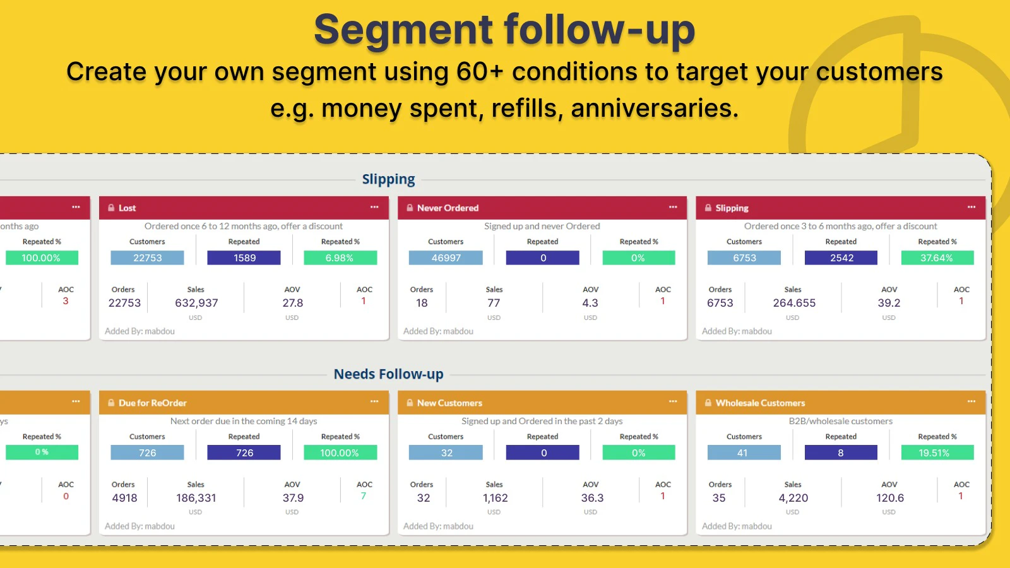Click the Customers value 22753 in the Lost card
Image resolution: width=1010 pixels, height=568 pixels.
[x=147, y=257]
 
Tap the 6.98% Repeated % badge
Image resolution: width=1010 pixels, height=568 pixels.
[x=340, y=257]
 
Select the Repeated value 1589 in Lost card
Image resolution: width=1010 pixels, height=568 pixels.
[x=244, y=257]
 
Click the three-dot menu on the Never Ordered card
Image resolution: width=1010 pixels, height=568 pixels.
[x=673, y=207]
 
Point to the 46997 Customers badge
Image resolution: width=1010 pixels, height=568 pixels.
[x=446, y=257]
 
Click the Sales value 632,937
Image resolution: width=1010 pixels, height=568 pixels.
[x=196, y=303]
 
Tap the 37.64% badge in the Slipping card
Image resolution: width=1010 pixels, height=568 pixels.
[x=937, y=257]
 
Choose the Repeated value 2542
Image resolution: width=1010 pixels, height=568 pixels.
[x=841, y=257]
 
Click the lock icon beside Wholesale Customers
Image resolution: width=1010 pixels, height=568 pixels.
[x=708, y=403]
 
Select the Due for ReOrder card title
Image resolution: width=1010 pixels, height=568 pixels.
[x=153, y=403]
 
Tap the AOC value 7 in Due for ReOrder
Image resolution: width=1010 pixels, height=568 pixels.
[x=364, y=496]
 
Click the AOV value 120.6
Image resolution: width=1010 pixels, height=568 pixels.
[x=889, y=498]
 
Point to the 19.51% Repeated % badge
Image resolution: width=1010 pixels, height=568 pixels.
[x=937, y=453]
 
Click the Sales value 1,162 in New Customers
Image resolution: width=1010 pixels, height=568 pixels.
[x=495, y=498]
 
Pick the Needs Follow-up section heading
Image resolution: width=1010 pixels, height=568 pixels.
[x=388, y=374]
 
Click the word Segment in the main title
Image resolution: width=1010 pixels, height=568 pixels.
[x=402, y=30]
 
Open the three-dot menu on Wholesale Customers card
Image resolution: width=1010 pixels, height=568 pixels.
[x=971, y=401]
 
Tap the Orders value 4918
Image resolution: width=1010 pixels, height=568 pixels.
[x=124, y=498]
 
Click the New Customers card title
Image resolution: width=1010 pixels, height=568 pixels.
[x=449, y=403]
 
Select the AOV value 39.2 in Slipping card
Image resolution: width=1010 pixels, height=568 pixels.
[x=889, y=303]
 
